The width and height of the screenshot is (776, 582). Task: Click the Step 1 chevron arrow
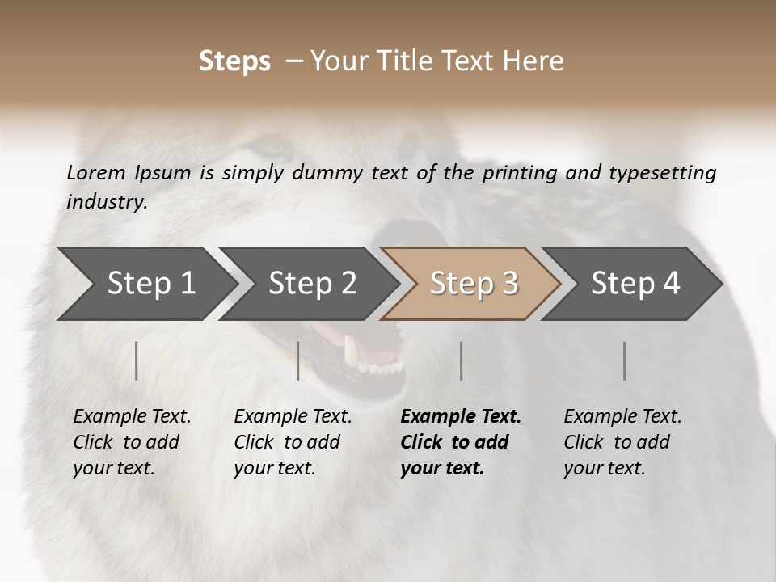click(145, 284)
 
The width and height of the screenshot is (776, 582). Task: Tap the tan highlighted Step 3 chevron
click(470, 284)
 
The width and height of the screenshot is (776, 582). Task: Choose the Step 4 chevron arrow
click(632, 284)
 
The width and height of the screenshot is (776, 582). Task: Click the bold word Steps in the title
click(234, 61)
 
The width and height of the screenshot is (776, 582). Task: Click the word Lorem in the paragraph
click(96, 172)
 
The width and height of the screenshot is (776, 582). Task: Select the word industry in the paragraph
click(106, 201)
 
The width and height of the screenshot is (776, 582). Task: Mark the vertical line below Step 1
click(137, 361)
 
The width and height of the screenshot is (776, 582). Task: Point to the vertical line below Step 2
click(298, 361)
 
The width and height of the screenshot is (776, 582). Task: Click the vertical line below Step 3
click(461, 361)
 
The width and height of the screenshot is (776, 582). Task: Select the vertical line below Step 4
click(624, 361)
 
